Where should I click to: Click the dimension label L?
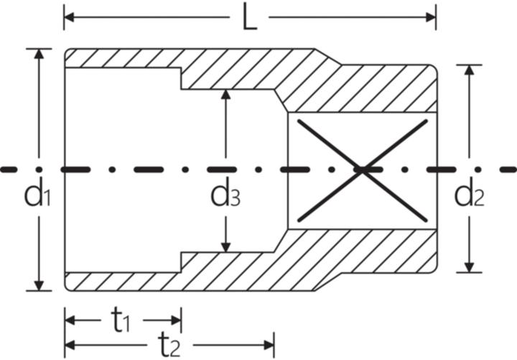(x=249, y=18)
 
